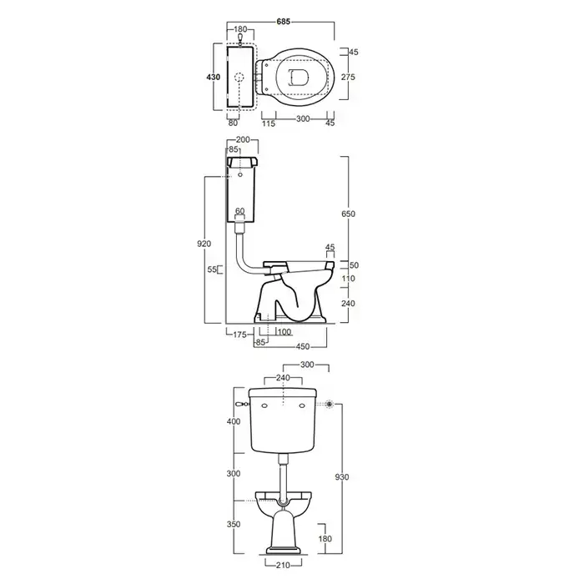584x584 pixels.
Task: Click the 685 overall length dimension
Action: point(283,22)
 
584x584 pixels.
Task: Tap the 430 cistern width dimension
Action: point(214,77)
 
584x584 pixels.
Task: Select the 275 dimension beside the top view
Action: point(348,77)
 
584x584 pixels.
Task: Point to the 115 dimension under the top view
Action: point(269,123)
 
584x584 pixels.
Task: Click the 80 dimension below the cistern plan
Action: point(233,123)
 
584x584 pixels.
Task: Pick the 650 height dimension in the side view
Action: point(348,214)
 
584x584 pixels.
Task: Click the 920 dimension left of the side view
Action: point(204,244)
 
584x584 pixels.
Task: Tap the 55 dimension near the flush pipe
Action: point(212,269)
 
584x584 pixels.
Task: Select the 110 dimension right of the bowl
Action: point(348,278)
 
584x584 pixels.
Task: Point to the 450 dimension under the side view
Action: point(302,346)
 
